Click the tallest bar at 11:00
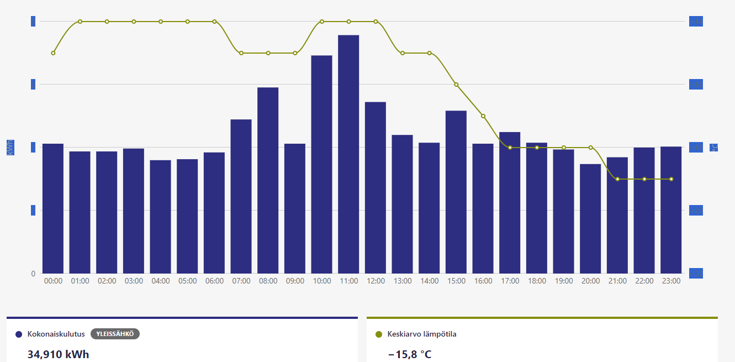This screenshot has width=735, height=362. [348, 154]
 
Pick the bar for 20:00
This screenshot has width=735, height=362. [590, 218]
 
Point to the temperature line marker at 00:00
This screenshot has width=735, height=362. [53, 53]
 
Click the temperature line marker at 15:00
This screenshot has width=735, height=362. [456, 85]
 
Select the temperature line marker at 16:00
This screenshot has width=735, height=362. [483, 116]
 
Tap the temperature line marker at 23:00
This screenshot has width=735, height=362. [671, 179]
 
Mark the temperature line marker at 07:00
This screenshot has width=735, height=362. [241, 53]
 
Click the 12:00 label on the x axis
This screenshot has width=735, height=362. [376, 281]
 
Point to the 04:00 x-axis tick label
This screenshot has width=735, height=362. [161, 281]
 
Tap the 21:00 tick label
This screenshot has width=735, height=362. [617, 281]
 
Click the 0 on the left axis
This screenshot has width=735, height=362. [33, 274]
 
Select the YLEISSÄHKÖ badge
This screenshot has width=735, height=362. [115, 334]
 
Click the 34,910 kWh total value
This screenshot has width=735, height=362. [58, 354]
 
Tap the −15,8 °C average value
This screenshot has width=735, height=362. [410, 354]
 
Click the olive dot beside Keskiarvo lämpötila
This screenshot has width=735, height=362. [379, 334]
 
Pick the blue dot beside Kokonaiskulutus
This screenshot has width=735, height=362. [19, 334]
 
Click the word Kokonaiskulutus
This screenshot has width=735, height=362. [56, 334]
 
